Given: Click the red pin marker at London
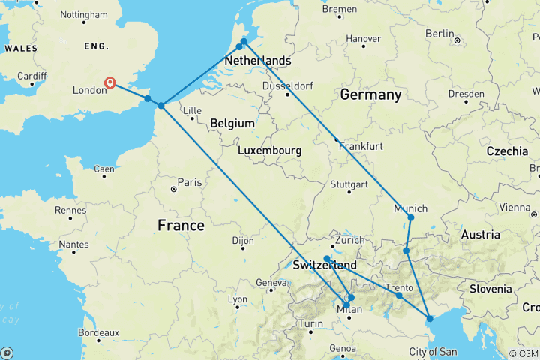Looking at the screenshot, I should (110, 82).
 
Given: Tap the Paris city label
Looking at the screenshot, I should (190, 182).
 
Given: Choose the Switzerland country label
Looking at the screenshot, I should (325, 266).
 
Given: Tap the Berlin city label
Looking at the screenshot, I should (439, 34).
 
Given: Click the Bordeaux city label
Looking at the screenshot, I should (97, 332).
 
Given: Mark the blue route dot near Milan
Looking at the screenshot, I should (351, 298).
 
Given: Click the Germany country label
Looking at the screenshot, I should (370, 95).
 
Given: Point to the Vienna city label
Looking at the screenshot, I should (514, 207).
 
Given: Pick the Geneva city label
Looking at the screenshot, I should (271, 282).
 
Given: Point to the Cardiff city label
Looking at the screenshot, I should (31, 76).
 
